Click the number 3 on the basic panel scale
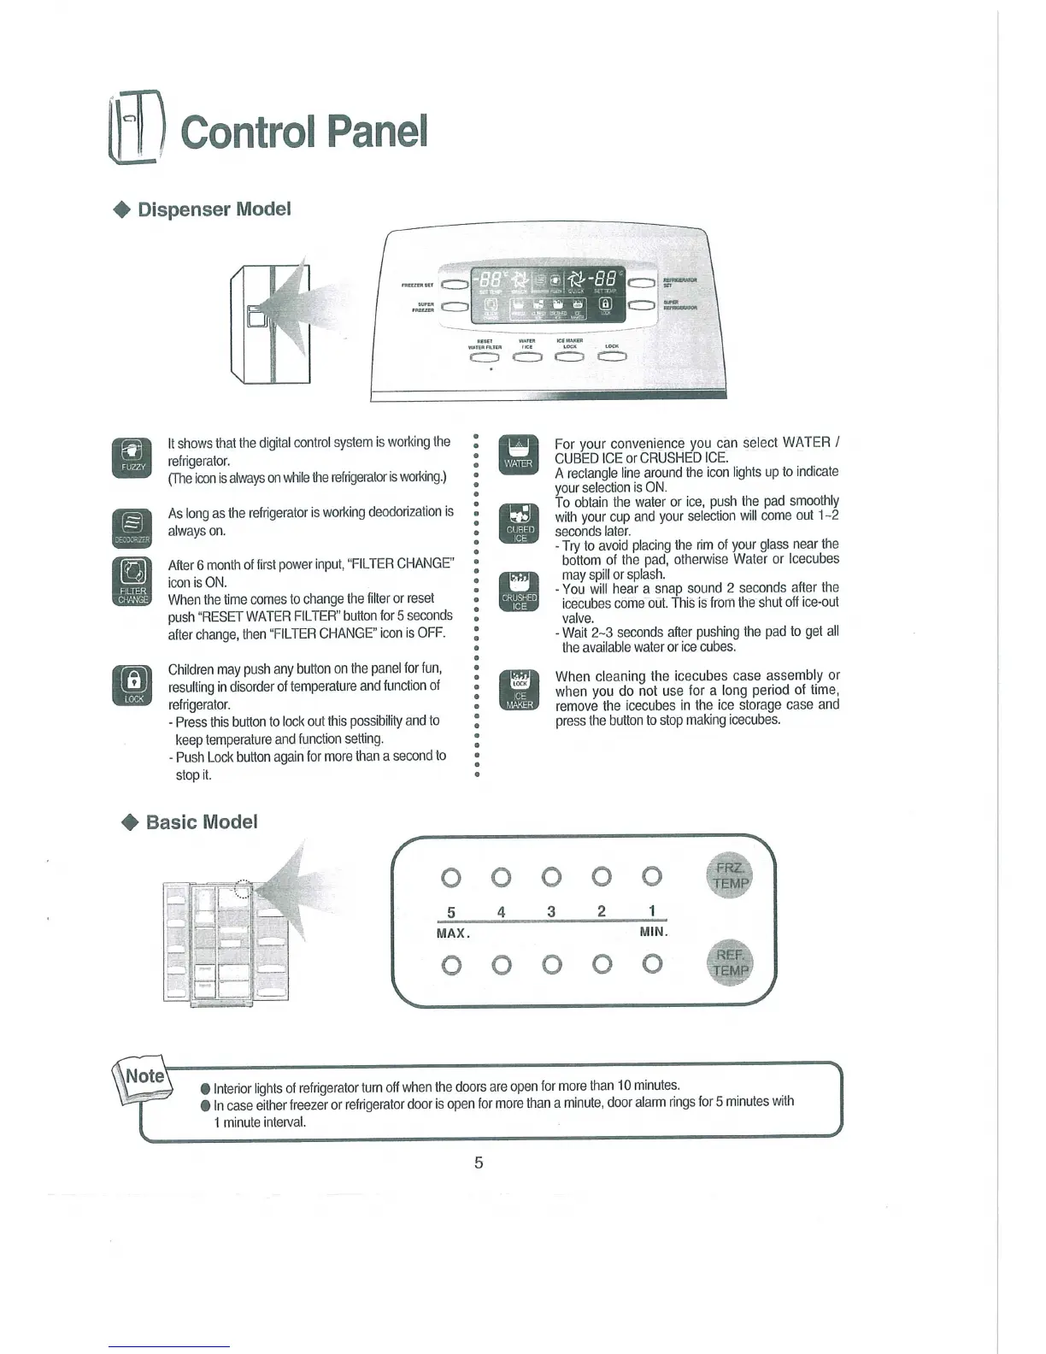tap(552, 912)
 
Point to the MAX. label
tap(452, 933)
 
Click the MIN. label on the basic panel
tap(654, 932)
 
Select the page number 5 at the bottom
tap(479, 1163)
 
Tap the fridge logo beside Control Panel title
tap(137, 132)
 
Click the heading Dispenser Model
tap(214, 209)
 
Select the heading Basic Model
tap(202, 822)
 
